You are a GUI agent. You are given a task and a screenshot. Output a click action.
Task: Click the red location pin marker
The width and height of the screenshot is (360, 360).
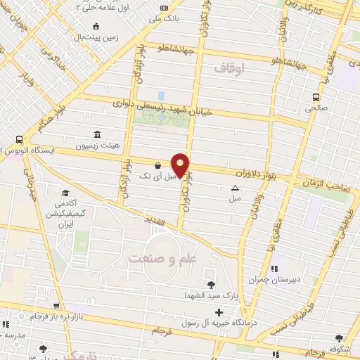(x=181, y=165)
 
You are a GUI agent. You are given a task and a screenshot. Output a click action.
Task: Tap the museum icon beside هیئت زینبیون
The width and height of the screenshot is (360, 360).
(x=96, y=135)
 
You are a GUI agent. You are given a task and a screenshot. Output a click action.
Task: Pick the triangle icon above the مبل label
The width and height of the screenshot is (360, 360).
(x=235, y=188)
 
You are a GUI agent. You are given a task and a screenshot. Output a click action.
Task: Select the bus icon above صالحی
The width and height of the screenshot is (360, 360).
(x=316, y=98)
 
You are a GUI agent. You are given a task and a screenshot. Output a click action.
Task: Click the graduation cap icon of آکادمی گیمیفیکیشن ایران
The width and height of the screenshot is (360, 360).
(x=65, y=193)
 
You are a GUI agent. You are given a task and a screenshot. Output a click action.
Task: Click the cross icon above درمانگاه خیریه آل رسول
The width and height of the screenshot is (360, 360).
(x=219, y=312)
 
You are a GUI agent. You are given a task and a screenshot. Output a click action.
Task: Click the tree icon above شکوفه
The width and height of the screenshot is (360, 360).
(x=340, y=339)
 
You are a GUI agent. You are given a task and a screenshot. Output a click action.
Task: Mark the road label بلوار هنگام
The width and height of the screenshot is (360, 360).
(x=44, y=116)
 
